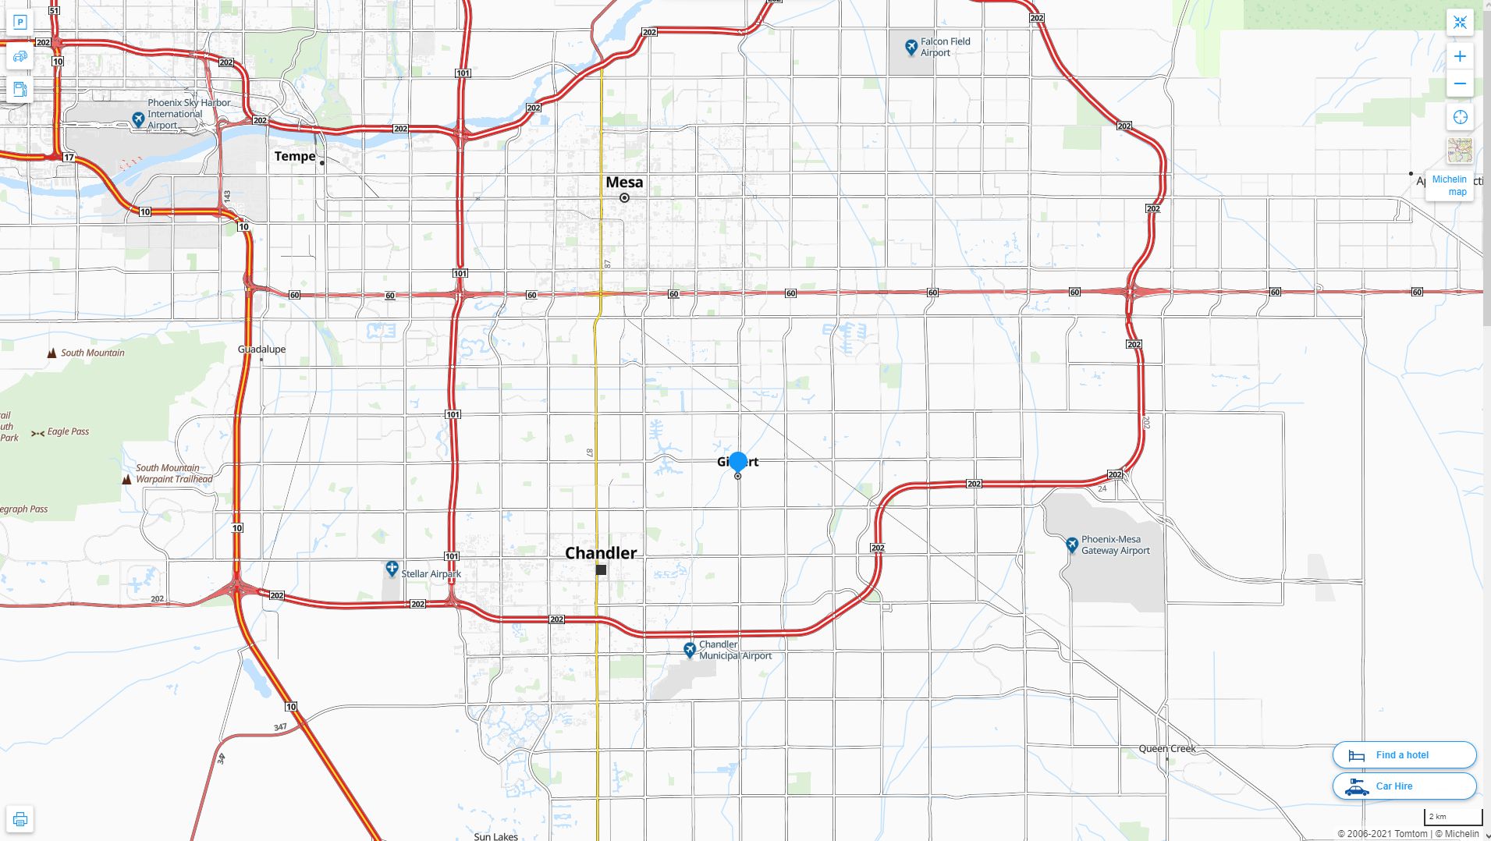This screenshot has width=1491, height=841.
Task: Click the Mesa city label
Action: pos(624,183)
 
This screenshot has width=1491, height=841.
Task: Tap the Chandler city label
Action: pos(600,553)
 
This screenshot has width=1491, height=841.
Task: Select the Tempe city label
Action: pos(295,156)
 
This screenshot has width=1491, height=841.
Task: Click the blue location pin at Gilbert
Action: pos(737,462)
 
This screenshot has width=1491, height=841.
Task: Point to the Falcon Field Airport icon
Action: pos(911,48)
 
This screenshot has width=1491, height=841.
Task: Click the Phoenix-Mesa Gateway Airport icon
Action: pos(1072,545)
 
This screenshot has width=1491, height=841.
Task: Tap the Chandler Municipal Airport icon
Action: pos(690,650)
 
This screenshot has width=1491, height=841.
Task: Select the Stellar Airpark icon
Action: pos(392,570)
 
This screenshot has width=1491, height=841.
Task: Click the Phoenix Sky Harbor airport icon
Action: pos(138,119)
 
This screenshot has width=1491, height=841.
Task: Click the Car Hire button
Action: pos(1404,786)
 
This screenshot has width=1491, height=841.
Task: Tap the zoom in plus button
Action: pos(1460,56)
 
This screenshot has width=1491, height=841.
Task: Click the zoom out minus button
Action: pos(1460,83)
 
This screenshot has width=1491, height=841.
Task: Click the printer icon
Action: pos(20,819)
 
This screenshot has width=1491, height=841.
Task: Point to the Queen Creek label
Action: pos(1166,749)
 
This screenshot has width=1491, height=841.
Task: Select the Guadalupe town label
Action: pos(261,350)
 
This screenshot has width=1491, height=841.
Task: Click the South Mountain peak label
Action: pos(92,353)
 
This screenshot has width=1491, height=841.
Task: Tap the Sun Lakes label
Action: pos(495,836)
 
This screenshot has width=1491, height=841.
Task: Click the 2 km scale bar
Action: pos(1453,818)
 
